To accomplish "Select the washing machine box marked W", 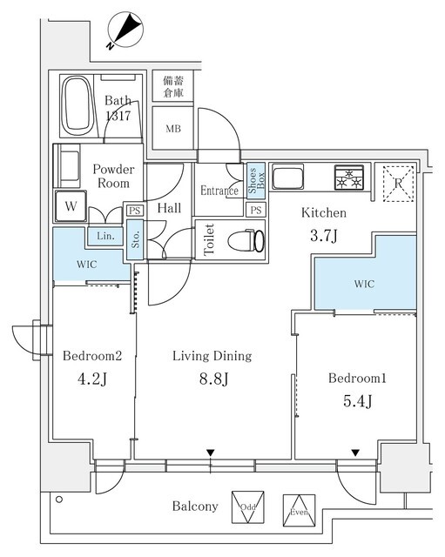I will pos(69,207).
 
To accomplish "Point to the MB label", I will pos(173,129).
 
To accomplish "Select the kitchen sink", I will pos(287,179).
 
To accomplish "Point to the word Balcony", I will pos(193,507).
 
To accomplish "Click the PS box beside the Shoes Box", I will pos(255,209).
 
